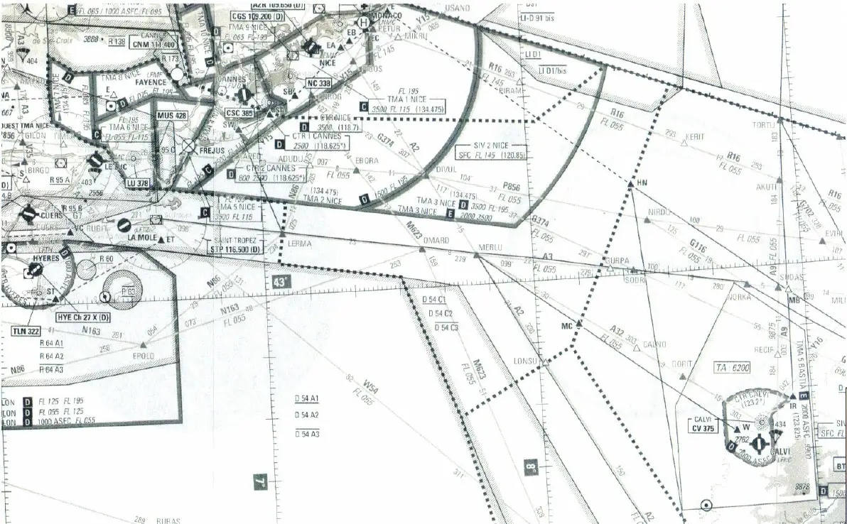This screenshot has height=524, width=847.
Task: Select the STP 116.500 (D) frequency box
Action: (x=234, y=250)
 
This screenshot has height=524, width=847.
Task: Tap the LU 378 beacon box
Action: (x=138, y=183)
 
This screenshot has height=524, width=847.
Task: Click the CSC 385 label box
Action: (x=239, y=113)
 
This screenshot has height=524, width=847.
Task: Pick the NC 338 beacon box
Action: (x=320, y=83)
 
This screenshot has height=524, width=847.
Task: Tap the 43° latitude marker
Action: (x=281, y=282)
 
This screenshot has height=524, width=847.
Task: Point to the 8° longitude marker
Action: (x=531, y=467)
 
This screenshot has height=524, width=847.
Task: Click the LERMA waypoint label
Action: (x=299, y=244)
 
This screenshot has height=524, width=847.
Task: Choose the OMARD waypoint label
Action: (x=436, y=241)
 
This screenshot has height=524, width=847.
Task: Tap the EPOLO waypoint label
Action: (x=144, y=355)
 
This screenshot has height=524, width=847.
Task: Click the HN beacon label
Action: (x=642, y=183)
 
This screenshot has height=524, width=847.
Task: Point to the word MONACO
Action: (x=387, y=16)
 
